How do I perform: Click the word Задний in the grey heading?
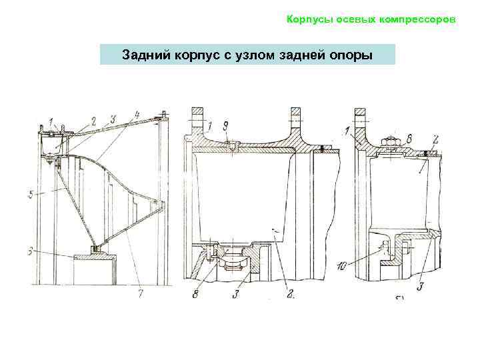(x=143, y=54)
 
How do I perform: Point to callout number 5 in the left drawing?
(x=31, y=196)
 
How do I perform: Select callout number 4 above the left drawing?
(x=137, y=115)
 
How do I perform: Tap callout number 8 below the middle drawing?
(x=195, y=294)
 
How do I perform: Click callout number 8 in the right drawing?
(x=409, y=138)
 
